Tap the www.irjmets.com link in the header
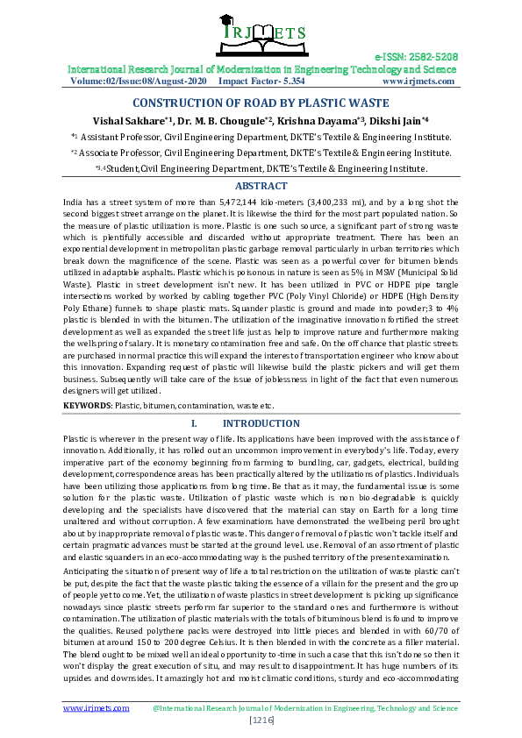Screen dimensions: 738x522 coord(419,81)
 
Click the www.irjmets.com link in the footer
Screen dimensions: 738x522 coord(92,706)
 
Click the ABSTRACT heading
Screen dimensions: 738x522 coord(261,186)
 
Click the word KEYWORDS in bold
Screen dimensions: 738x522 coord(87,406)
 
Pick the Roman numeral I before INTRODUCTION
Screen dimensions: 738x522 coord(192,423)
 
